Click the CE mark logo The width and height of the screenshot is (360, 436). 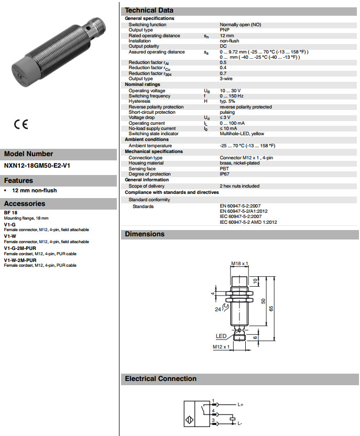21,125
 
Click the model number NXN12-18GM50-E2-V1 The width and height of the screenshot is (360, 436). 37,166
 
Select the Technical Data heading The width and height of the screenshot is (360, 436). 149,10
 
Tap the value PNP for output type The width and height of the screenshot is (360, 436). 224,30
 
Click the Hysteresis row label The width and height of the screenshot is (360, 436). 139,101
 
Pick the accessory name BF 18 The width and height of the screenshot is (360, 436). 11,213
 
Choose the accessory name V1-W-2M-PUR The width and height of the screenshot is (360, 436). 20,260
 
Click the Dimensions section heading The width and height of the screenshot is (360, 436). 144,234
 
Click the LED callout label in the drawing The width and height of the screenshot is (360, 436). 221,335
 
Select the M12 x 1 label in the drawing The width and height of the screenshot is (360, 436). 222,347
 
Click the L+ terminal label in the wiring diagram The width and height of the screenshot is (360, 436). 241,405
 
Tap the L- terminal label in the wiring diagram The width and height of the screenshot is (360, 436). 239,422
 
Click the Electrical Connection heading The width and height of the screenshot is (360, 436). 160,378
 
